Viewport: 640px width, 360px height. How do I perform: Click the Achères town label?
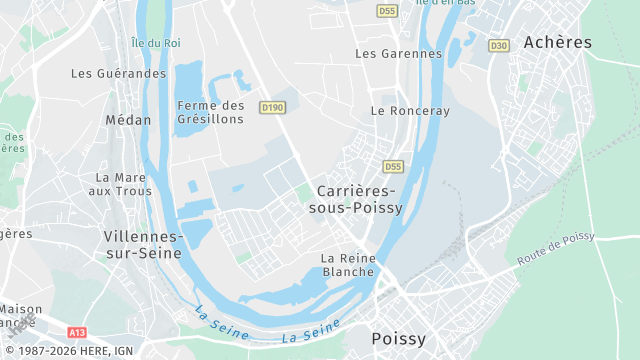click(558, 43)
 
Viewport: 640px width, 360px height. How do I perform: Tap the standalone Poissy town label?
click(398, 339)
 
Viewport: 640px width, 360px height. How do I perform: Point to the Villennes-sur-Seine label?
click(143, 244)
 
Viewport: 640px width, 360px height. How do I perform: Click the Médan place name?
click(128, 120)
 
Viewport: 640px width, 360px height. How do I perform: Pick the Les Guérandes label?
click(118, 73)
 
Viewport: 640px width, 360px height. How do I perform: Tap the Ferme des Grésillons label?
click(210, 112)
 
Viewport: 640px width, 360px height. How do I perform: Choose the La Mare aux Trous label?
click(119, 184)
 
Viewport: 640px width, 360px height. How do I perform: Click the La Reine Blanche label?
click(348, 264)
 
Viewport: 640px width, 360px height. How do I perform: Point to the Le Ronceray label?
click(410, 110)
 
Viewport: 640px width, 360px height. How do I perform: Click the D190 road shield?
click(272, 107)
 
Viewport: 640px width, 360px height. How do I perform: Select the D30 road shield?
click(499, 45)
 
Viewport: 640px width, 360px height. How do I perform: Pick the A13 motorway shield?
click(77, 331)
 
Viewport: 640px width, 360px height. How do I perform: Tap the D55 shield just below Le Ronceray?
click(392, 166)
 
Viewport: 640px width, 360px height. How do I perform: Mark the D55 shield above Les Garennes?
click(388, 10)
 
